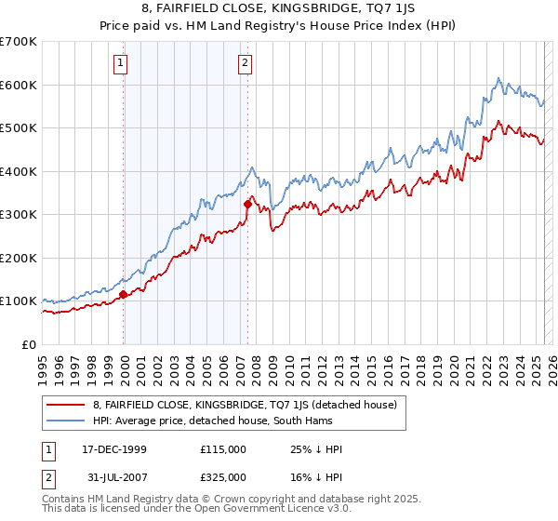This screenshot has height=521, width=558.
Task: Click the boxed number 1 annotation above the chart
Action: point(123,63)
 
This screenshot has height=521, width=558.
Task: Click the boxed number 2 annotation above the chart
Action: point(245,63)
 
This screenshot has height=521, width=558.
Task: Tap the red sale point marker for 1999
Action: point(124,295)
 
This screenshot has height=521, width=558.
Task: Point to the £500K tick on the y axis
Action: point(19,127)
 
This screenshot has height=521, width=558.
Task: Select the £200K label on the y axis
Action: point(19,258)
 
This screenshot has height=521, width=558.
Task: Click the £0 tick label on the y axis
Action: point(29,344)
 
